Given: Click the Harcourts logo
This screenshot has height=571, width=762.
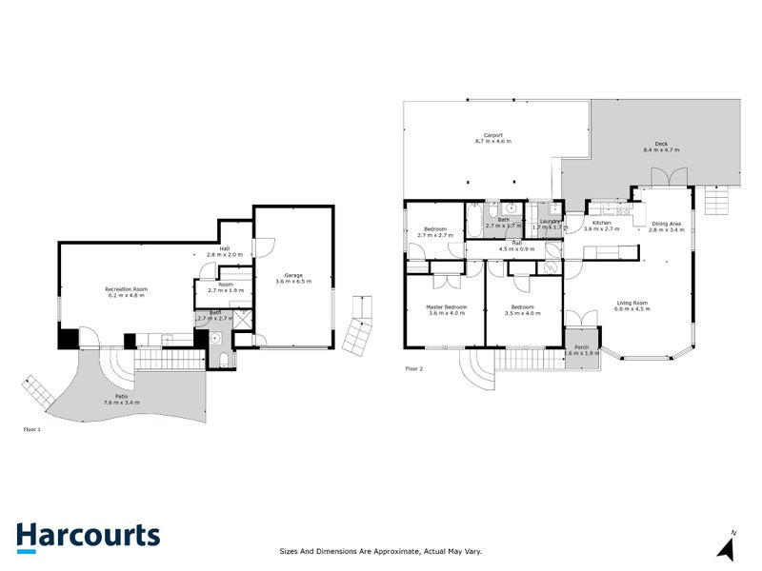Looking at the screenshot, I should (x=88, y=536).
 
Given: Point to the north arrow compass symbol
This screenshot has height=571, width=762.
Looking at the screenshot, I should (x=728, y=546).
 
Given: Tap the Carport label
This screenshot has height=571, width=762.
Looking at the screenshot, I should (x=492, y=137).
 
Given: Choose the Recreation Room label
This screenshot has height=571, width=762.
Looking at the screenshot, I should (x=126, y=292).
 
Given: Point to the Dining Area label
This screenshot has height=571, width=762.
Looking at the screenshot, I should (x=666, y=226).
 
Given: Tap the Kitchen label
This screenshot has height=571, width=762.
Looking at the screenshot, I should (x=601, y=226).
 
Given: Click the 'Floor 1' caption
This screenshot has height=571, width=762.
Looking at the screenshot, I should (x=33, y=430).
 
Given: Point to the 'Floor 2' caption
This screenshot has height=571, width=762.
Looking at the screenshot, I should (x=413, y=367).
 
